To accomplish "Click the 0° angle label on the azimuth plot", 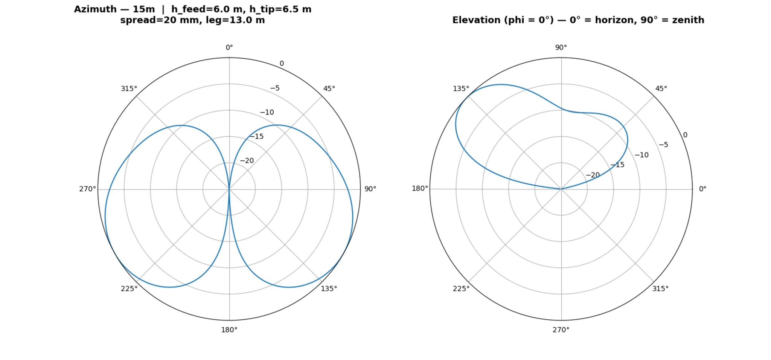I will tap(229, 47).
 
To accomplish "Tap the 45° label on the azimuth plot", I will tap(329, 88).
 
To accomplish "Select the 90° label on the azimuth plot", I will tap(370, 189).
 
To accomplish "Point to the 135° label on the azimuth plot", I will tap(329, 288).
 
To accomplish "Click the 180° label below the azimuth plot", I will tap(229, 330).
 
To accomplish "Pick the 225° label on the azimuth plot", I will tap(129, 288).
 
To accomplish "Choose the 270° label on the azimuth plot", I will tap(87, 189).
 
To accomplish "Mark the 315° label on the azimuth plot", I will tap(129, 88).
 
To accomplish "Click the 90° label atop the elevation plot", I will tap(561, 47).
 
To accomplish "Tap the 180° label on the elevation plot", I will tap(420, 188).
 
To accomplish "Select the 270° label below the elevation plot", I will tap(561, 330).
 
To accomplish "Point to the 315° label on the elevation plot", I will tap(660, 288).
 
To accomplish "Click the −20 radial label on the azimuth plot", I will tap(247, 161).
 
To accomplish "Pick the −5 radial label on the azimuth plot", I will tap(275, 88).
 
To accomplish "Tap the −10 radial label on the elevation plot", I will tap(641, 155).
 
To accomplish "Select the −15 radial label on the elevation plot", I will tap(617, 165).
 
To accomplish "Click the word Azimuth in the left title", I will tap(95, 9).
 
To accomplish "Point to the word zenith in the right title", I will tap(688, 20).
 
